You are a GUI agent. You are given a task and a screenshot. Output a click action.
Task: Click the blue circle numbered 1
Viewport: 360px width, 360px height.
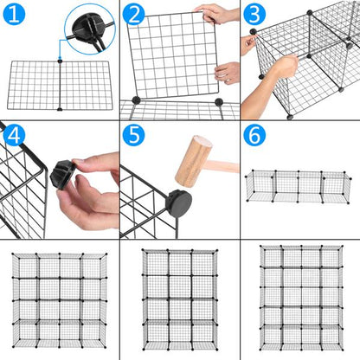[x=15, y=15]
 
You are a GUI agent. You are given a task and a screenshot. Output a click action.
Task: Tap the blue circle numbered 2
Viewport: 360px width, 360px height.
[x=133, y=15]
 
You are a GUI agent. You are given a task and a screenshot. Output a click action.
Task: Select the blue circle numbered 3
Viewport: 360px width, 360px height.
[x=254, y=15]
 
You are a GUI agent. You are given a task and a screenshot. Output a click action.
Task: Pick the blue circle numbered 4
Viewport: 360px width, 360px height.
[x=15, y=136]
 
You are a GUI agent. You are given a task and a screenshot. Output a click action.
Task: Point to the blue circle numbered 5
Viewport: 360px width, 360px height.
[x=133, y=136]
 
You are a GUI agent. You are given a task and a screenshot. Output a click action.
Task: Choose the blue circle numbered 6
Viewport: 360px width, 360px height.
[x=254, y=136]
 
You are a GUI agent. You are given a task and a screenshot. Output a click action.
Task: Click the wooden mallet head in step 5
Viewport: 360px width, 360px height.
[x=194, y=160]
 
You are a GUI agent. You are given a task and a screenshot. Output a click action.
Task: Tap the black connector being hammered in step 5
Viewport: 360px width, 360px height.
[x=178, y=204]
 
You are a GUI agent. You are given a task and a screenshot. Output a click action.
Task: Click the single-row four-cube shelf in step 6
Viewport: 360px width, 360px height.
[x=299, y=186]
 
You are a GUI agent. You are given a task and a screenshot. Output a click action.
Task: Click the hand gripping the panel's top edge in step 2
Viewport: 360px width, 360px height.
[x=216, y=13]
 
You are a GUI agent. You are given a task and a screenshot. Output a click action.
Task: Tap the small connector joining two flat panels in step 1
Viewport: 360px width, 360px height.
[x=59, y=61]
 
